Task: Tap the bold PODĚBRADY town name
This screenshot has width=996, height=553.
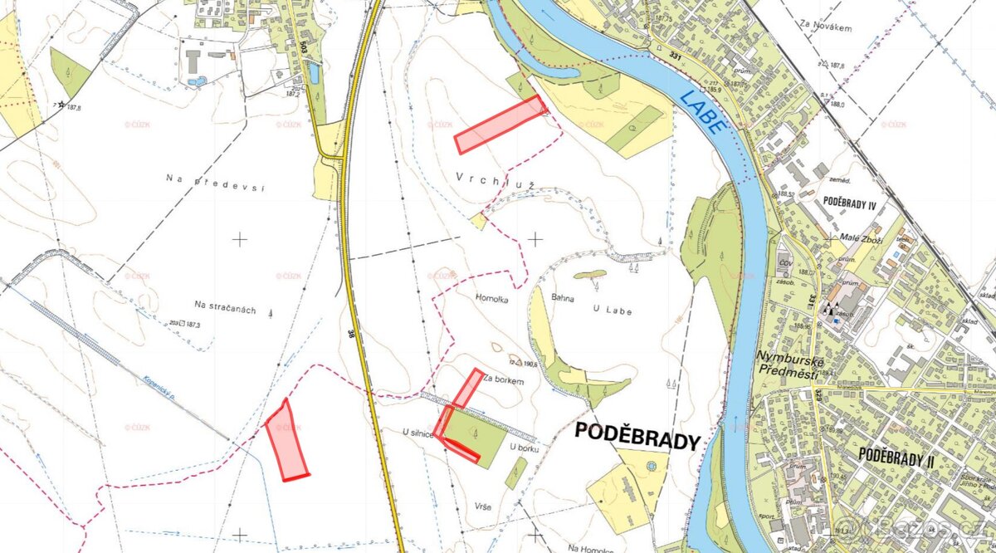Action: tap(637, 439)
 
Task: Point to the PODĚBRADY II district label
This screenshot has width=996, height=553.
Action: tap(896, 456)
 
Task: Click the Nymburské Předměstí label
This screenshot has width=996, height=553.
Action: tap(788, 366)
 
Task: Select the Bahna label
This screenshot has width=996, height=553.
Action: tap(564, 296)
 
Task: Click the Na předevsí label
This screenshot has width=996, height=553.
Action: tap(214, 179)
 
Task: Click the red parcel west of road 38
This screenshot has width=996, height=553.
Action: tap(286, 440)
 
